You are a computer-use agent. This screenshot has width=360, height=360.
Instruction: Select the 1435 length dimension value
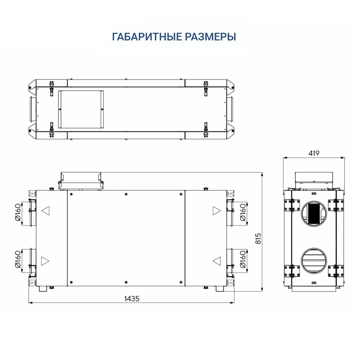(132, 298)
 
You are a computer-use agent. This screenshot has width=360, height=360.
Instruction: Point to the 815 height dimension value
(258, 238)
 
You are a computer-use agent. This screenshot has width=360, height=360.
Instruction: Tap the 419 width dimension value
(314, 153)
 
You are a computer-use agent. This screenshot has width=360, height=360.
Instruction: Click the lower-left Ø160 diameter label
(18, 260)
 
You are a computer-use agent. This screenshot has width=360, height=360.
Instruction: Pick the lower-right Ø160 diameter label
(242, 260)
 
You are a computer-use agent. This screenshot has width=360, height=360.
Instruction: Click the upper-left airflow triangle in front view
(46, 210)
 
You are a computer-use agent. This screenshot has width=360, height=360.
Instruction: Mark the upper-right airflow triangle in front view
(216, 210)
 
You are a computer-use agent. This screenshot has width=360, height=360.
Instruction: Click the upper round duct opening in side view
(314, 213)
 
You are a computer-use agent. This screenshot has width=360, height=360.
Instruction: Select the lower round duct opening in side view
(314, 260)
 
